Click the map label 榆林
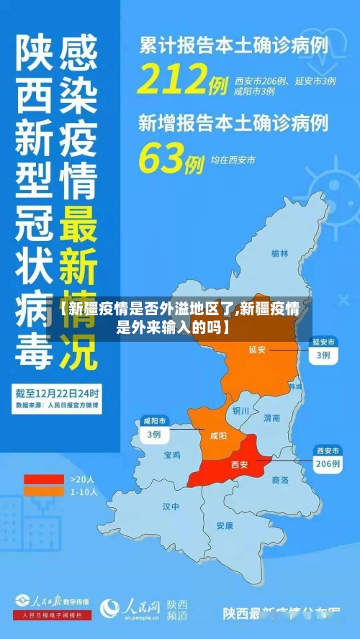point(279,253)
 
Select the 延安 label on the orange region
point(257,350)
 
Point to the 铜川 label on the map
point(240,411)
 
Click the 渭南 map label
point(271,417)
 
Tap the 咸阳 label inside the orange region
point(217,435)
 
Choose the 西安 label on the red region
point(238,464)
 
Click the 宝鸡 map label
point(173,455)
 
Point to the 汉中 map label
point(171,507)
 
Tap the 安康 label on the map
point(225,525)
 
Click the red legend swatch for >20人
point(44,479)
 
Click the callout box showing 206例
point(328,458)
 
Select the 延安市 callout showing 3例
point(323,349)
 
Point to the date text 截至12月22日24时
point(58,394)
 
